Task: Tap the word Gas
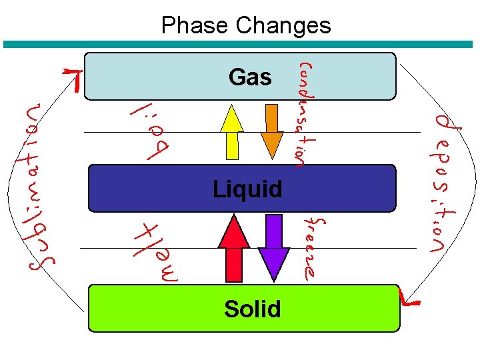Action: point(249,77)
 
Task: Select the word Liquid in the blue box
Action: point(247,189)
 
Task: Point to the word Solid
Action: point(252,309)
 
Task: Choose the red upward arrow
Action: point(233,247)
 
